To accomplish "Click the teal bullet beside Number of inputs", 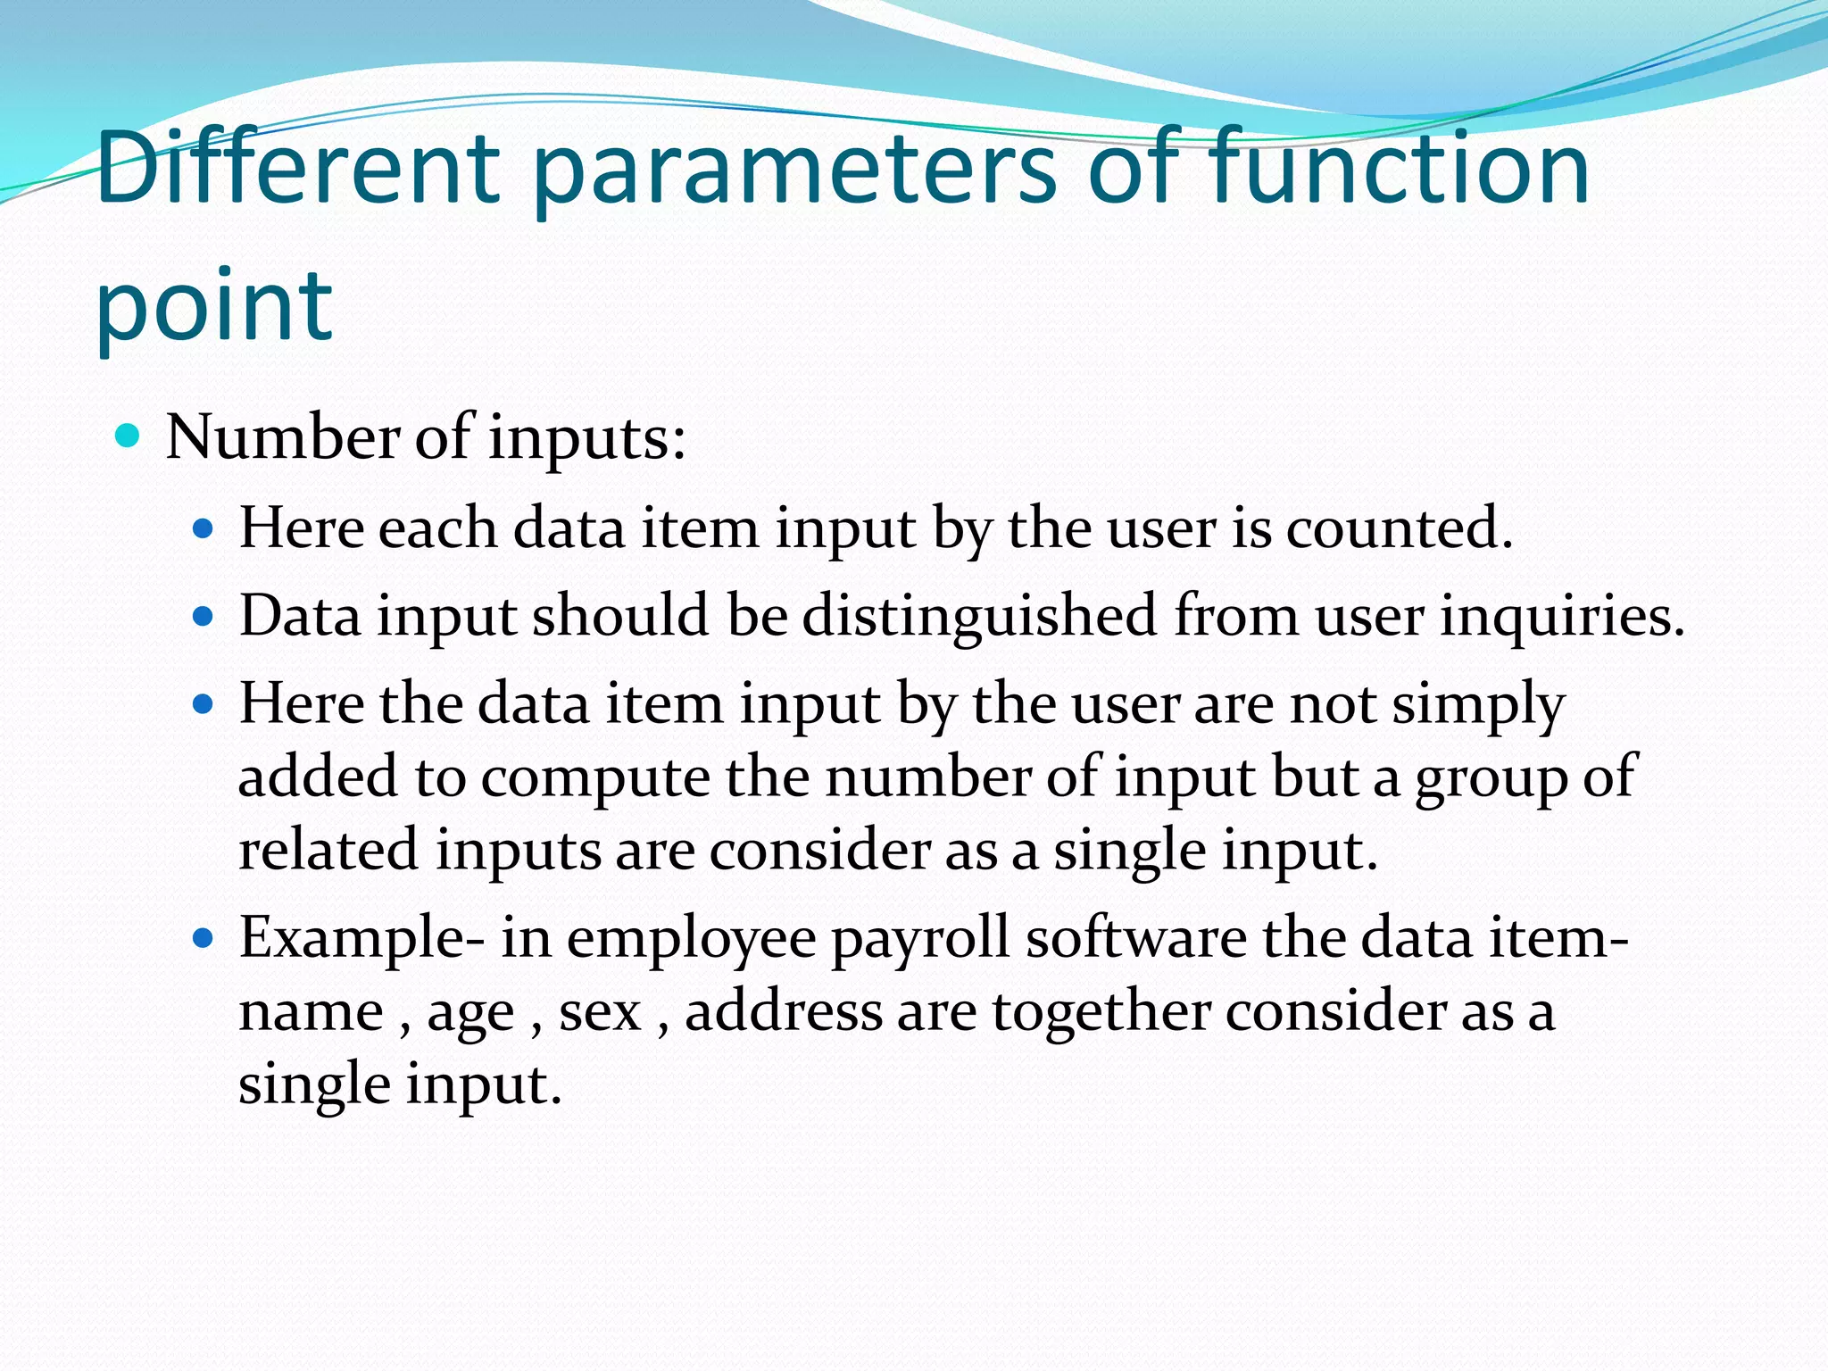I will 129,436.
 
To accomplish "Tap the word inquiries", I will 1562,616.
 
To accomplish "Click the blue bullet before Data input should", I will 204,616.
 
